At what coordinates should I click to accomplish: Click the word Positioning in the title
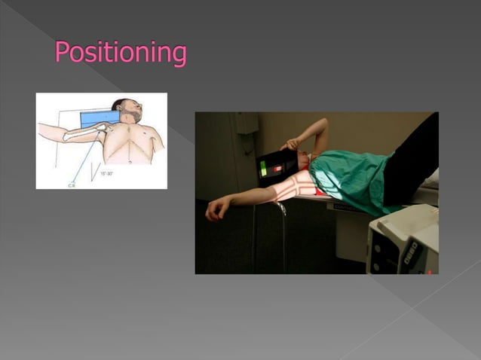120,52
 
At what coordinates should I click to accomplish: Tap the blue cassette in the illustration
99,118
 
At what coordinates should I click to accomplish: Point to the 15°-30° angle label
108,173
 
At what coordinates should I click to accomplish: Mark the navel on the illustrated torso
130,160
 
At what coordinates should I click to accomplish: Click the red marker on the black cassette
277,166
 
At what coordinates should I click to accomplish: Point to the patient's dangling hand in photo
216,208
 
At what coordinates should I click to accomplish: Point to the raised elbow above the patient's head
322,124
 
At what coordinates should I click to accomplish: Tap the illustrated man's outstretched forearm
54,133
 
